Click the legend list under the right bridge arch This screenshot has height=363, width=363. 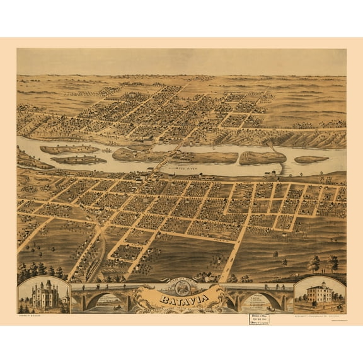(x=258, y=301)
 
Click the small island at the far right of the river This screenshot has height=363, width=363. (x=311, y=159)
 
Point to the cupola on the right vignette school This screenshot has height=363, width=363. (x=321, y=284)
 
